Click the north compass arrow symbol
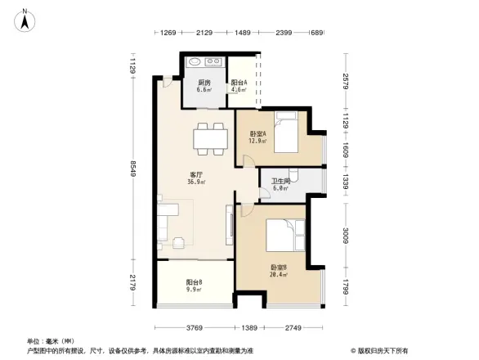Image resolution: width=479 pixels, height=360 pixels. point(27,19)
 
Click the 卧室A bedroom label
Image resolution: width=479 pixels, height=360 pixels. point(258,137)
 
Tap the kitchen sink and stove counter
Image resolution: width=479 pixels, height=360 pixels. point(204,61)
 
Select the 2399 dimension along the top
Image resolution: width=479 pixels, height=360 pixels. point(284,33)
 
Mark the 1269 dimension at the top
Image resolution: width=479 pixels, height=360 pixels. point(169,33)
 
